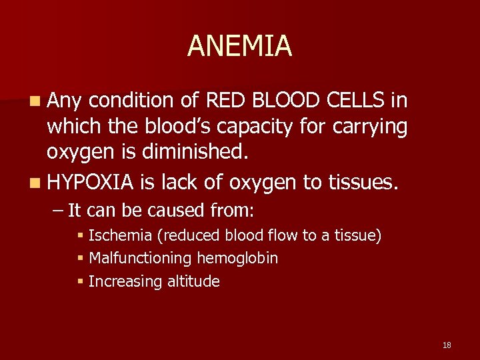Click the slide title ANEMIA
pos(239,46)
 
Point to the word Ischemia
pos(117,236)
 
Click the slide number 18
pos(447,345)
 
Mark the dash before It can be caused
pos(58,211)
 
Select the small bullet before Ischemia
pos(81,236)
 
